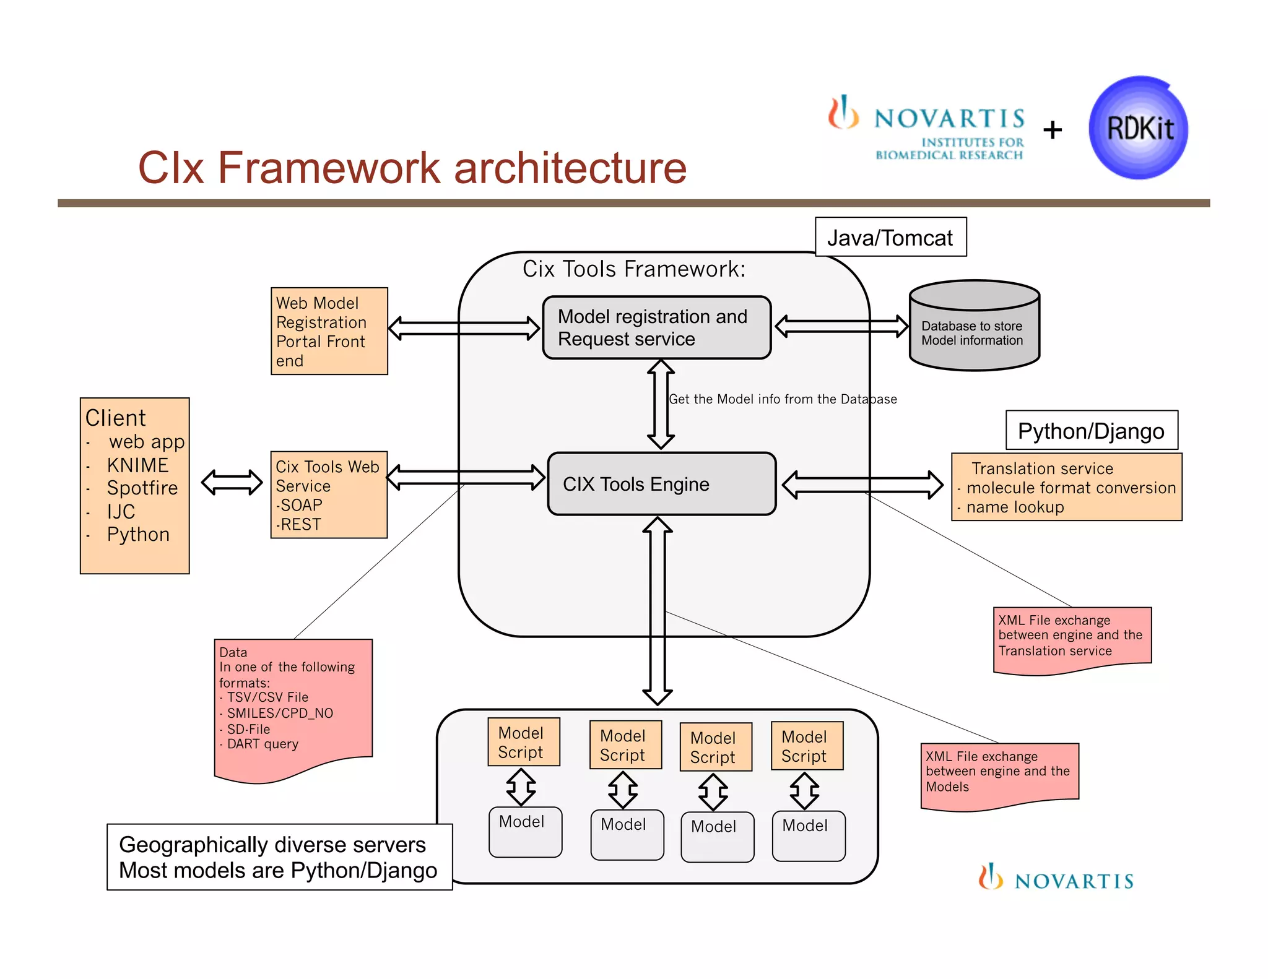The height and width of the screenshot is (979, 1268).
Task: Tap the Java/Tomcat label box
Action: coord(890,237)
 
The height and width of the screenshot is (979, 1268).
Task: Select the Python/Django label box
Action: coord(1091,431)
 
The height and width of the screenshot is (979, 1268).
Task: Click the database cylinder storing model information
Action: coord(974,326)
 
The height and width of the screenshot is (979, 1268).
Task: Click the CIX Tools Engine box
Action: coord(661,484)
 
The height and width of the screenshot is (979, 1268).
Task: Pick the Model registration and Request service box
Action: coord(656,328)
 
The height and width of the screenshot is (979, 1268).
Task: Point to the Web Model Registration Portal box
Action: coord(329,331)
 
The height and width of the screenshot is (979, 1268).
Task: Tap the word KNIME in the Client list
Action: coord(137,465)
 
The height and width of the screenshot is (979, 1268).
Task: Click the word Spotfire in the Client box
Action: coord(142,488)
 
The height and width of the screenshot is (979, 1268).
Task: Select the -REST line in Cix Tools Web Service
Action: coord(300,524)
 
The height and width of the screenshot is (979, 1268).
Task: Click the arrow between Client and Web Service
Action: coord(232,482)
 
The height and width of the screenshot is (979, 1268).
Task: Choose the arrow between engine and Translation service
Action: coord(862,484)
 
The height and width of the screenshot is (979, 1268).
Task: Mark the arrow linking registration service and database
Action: coord(841,326)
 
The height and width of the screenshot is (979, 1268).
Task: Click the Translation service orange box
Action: coord(1066,487)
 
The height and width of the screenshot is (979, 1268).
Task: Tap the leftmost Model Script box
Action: coord(523,742)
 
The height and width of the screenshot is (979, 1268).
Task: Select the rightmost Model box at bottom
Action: coord(808,835)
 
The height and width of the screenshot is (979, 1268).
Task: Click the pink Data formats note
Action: coord(292,705)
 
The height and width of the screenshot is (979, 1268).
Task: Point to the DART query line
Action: coord(263,744)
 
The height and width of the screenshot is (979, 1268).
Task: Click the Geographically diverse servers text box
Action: coord(279,857)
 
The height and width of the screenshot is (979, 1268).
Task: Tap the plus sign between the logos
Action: coord(1052,130)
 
